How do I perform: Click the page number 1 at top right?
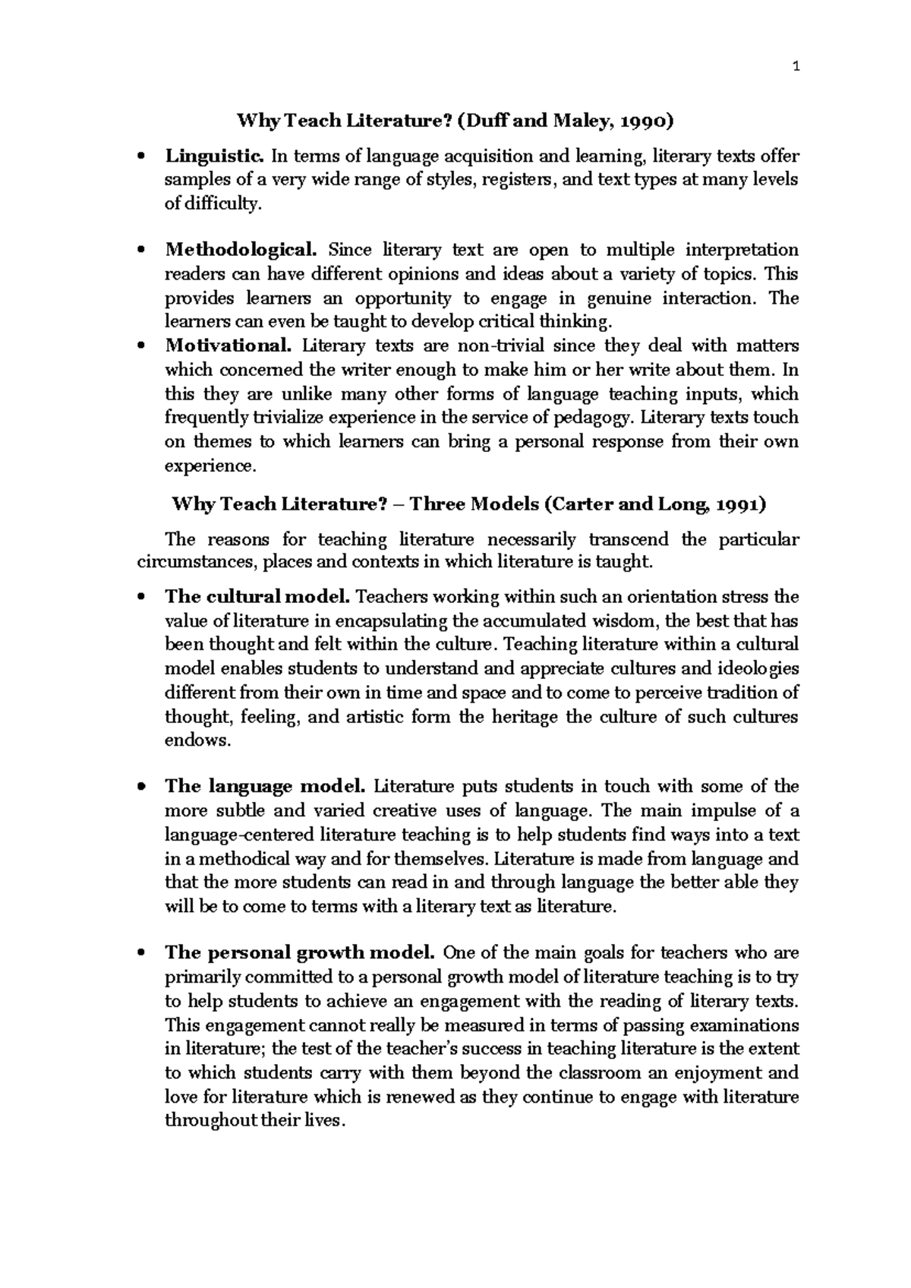(x=795, y=68)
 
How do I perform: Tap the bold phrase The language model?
(x=266, y=787)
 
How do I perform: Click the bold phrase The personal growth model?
(x=300, y=953)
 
